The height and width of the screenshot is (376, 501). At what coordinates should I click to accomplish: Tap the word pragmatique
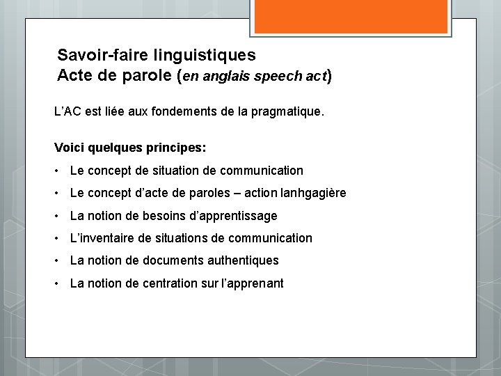click(x=287, y=111)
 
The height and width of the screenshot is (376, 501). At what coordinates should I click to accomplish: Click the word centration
click(x=170, y=283)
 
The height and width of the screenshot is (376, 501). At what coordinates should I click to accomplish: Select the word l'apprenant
click(x=251, y=283)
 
